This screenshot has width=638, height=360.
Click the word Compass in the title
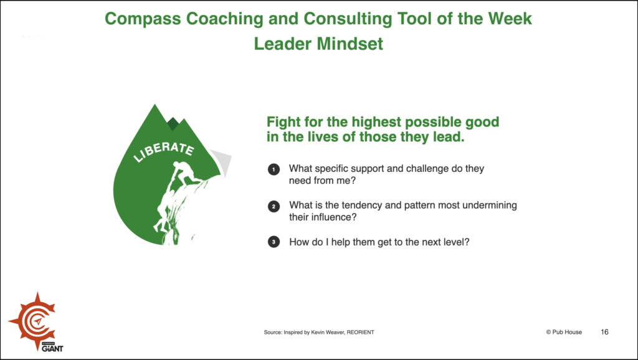pyautogui.click(x=143, y=19)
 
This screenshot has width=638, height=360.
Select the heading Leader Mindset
pyautogui.click(x=318, y=44)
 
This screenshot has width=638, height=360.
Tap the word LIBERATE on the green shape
pyautogui.click(x=164, y=151)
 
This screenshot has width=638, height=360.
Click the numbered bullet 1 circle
pyautogui.click(x=274, y=169)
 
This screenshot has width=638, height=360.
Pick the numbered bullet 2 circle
pyautogui.click(x=274, y=206)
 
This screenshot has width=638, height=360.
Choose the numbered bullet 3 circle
pyautogui.click(x=274, y=242)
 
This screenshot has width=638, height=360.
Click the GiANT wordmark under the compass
pyautogui.click(x=52, y=349)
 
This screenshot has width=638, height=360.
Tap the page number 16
pyautogui.click(x=604, y=332)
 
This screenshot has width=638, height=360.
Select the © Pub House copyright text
pyautogui.click(x=564, y=332)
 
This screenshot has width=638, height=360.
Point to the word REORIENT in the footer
pyautogui.click(x=361, y=333)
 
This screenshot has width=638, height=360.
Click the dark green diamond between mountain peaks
pyautogui.click(x=173, y=124)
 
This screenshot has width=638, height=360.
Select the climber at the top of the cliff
pyautogui.click(x=186, y=173)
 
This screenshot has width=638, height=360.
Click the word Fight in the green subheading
pyautogui.click(x=283, y=122)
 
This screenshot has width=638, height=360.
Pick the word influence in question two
pyautogui.click(x=333, y=217)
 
